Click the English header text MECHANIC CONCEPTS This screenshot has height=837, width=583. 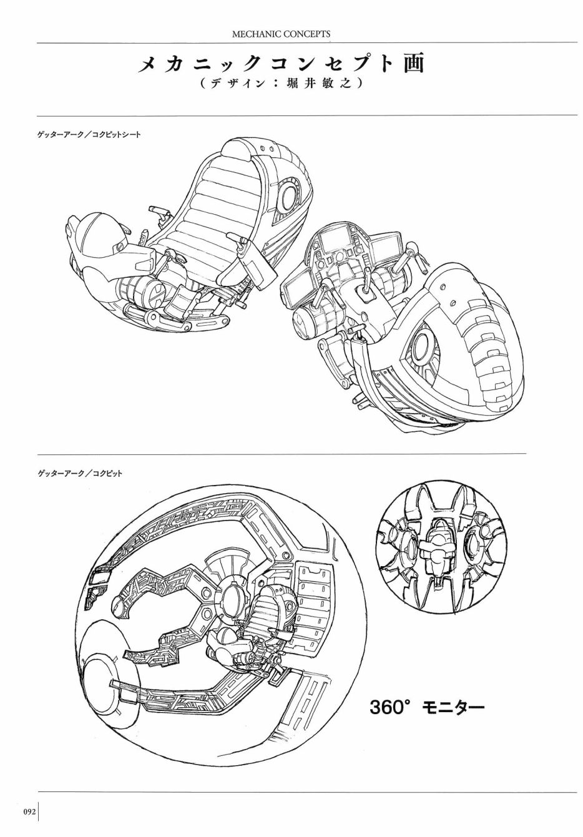click(281, 34)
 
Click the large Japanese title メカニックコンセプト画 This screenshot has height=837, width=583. click(282, 65)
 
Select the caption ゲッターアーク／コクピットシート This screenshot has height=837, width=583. click(89, 134)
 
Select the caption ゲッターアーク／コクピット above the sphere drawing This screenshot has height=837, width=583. click(80, 474)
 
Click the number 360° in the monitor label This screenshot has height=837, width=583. click(391, 707)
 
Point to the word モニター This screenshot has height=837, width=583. click(454, 707)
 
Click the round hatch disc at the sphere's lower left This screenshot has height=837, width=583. click(109, 685)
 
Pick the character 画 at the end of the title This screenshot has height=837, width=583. click(413, 65)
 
